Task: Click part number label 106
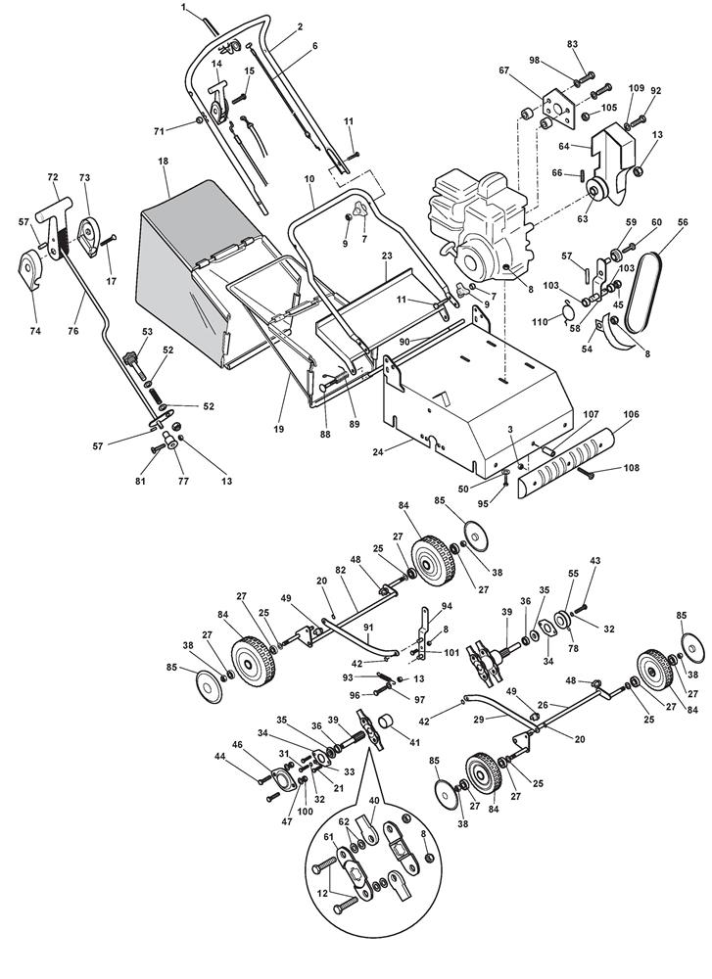coord(632,414)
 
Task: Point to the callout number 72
coord(53,177)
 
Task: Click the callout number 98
coord(534,60)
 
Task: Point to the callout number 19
coord(278,429)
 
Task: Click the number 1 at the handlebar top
coord(183,8)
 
